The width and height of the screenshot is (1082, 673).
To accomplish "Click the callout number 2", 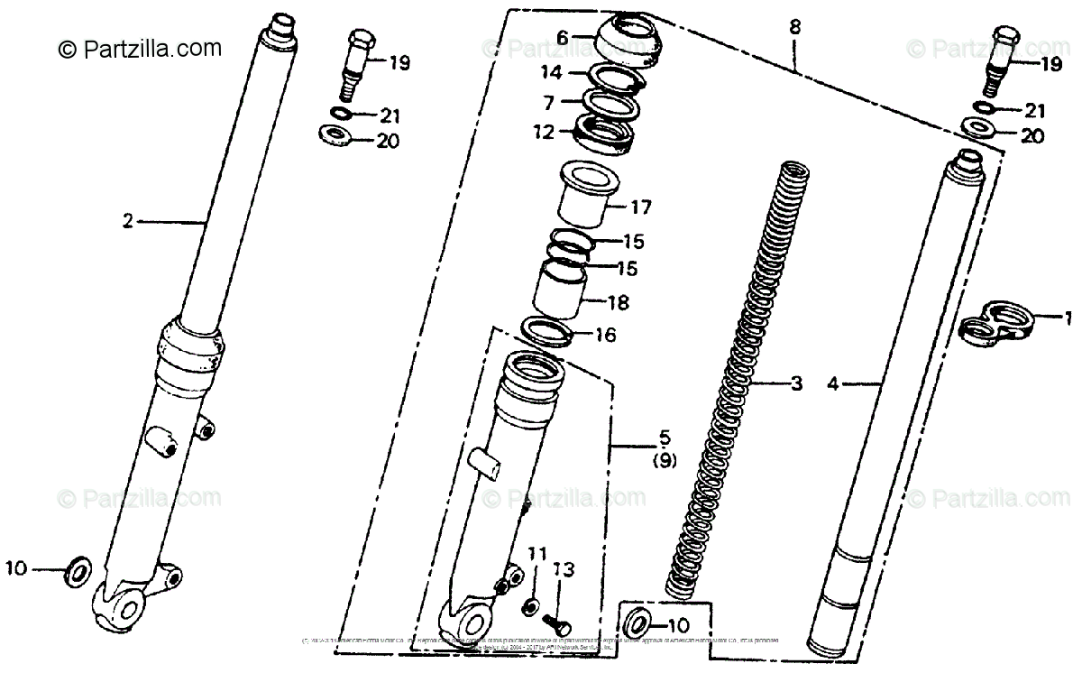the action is point(128,221).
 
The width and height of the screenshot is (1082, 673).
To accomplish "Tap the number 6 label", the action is point(562,38).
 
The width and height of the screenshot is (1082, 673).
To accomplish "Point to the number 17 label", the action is point(639,207).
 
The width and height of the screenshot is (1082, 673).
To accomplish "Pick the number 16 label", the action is point(605,336).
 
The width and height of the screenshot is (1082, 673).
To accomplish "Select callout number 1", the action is point(1068,318).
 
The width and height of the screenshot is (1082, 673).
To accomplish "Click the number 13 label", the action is point(564,569).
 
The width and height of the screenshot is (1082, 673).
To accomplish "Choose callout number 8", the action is point(794,27).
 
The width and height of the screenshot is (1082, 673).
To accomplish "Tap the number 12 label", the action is point(544,132).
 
